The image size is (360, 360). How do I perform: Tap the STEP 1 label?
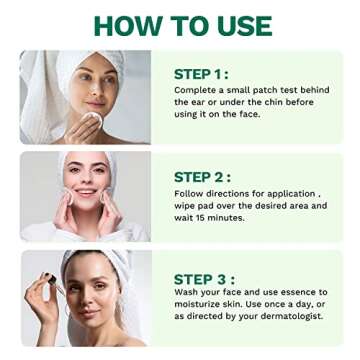coord(201,73)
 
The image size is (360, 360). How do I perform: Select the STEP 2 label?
coord(203,176)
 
